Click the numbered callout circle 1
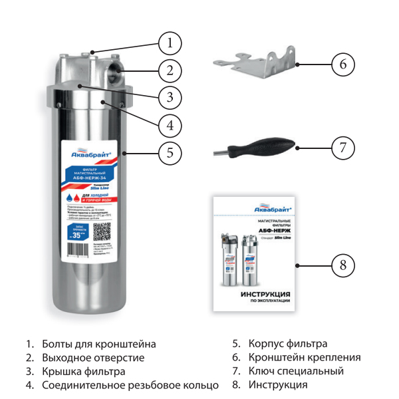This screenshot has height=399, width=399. click(x=170, y=44)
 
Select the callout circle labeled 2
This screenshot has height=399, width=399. click(x=170, y=70)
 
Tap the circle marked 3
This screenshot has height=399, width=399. click(x=170, y=97)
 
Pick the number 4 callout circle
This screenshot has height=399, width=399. click(x=170, y=124)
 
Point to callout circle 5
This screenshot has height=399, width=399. click(x=170, y=152)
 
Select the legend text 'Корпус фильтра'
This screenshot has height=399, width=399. click(x=288, y=344)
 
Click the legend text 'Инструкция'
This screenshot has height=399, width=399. click(x=278, y=385)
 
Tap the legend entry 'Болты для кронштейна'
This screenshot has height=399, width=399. click(x=99, y=344)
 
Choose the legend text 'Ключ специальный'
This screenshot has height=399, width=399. click(x=296, y=372)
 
